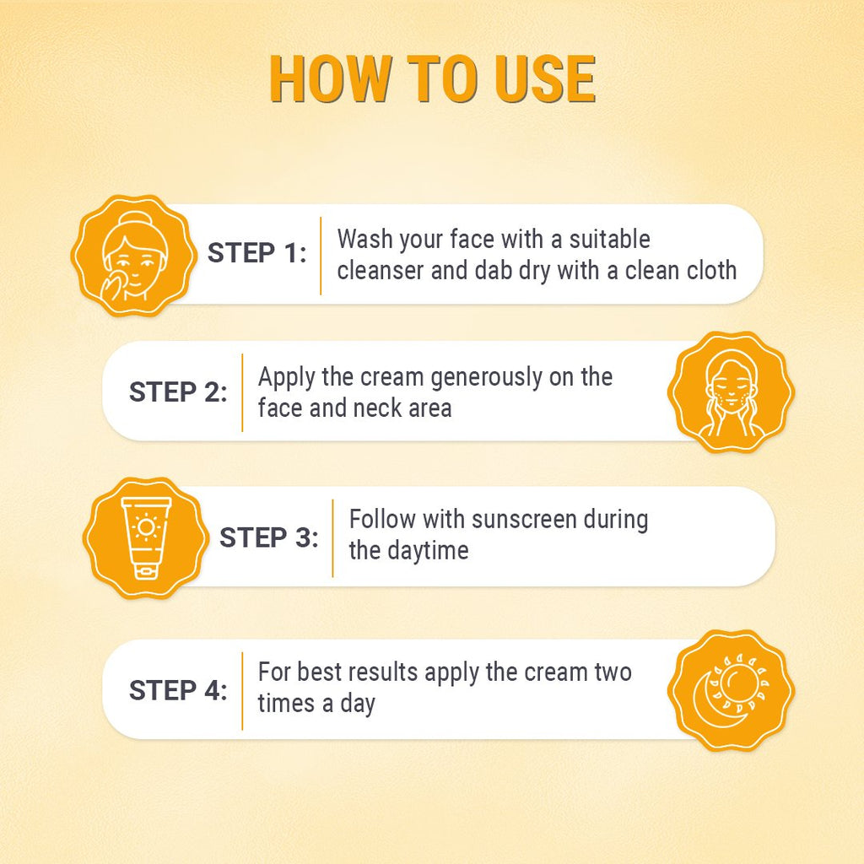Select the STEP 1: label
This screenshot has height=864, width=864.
point(257,253)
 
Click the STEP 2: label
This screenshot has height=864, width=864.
point(178,392)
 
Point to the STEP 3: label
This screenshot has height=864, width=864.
point(269,538)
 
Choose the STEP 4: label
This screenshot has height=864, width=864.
point(178,690)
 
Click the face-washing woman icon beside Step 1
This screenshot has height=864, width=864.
point(132,256)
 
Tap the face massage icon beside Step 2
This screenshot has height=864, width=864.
point(731,392)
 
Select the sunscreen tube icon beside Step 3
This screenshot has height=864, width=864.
point(144,538)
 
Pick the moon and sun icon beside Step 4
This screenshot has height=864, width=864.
point(731,690)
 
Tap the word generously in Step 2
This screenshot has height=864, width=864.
point(486,377)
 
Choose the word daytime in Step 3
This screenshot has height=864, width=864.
point(427,551)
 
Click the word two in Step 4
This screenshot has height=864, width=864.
point(611,673)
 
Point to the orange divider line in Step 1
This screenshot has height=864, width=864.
point(321,256)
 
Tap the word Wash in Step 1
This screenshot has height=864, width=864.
point(364,239)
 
